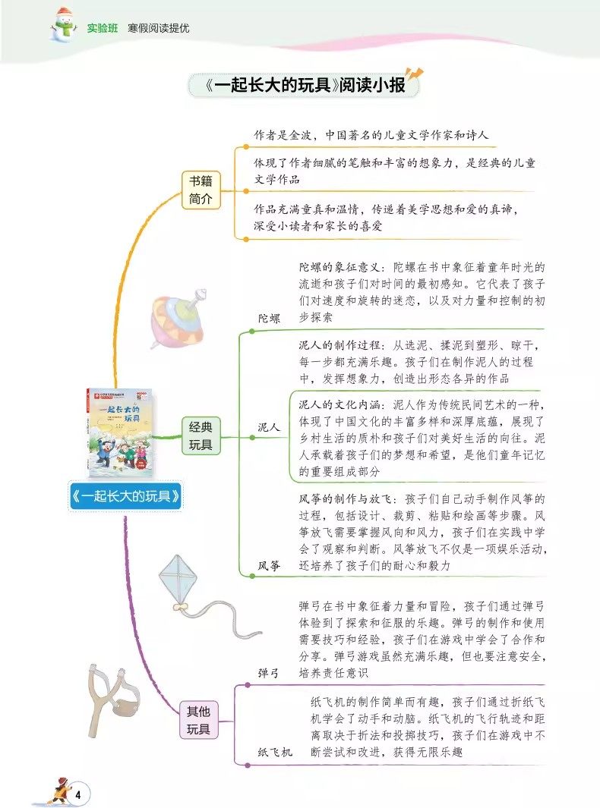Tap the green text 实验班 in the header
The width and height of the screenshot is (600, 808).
102,28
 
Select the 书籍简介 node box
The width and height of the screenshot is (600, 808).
201,190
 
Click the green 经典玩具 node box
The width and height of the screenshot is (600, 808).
201,435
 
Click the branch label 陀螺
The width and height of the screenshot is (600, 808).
269,318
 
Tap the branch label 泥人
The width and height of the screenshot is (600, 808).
269,427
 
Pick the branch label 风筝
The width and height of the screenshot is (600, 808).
269,565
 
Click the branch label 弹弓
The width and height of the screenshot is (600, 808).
269,672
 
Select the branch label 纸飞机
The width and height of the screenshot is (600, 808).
275,752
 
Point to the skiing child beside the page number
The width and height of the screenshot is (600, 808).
57,791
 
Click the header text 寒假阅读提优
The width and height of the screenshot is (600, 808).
159,28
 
